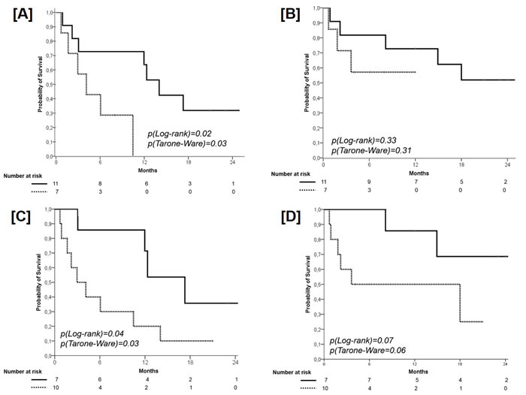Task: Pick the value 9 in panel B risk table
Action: point(369,182)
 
